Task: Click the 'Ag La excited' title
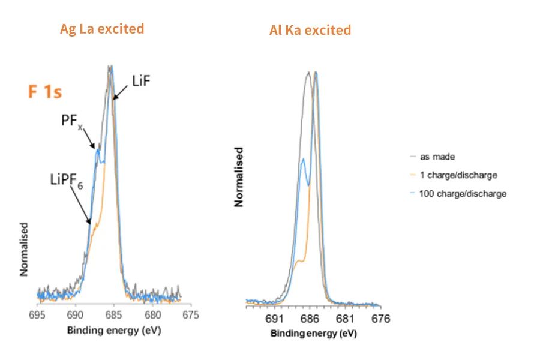click(x=102, y=29)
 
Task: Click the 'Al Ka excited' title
click(x=310, y=30)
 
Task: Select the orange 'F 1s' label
click(x=46, y=92)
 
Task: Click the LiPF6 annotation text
click(x=67, y=179)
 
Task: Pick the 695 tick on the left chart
click(x=38, y=314)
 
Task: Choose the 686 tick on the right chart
click(x=310, y=319)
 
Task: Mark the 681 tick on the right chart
click(x=345, y=319)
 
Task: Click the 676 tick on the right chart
click(x=380, y=319)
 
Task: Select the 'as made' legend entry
click(x=436, y=157)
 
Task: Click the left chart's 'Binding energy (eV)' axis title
click(x=114, y=331)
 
